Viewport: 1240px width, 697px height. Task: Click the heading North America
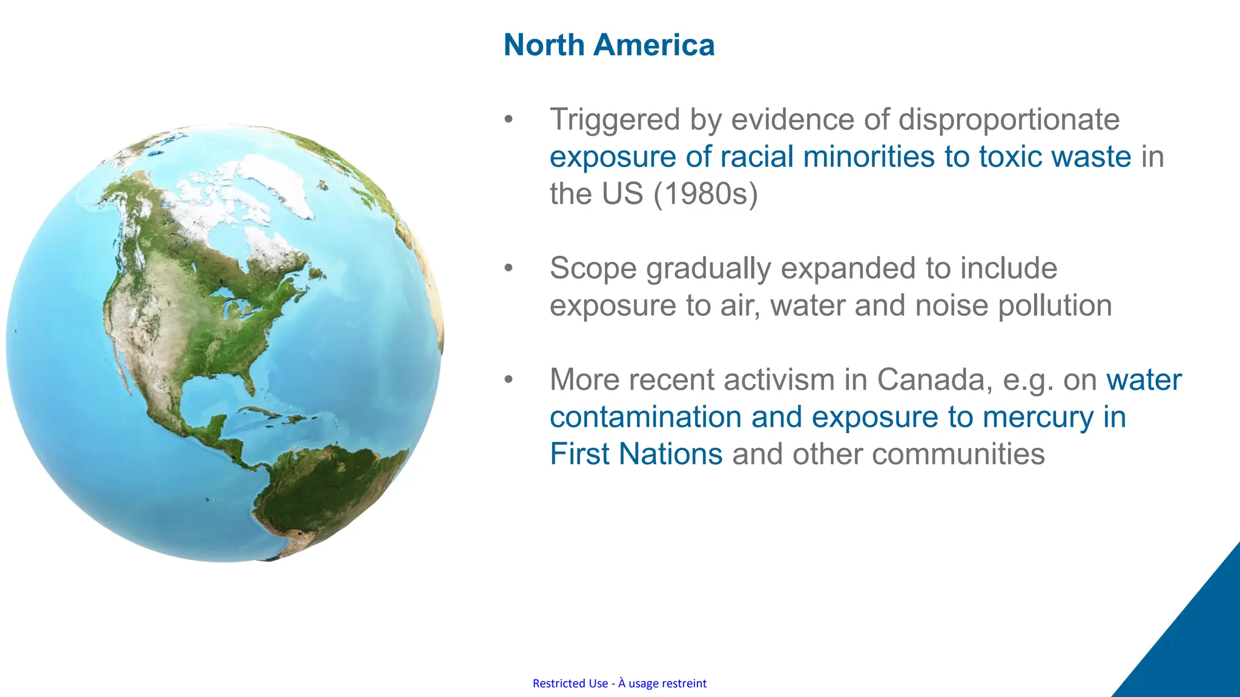click(608, 45)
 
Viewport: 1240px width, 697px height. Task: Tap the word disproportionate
click(1009, 120)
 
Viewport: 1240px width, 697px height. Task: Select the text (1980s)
click(705, 194)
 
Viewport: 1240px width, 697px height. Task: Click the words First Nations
click(636, 454)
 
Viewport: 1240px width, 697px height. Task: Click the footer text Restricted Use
click(570, 684)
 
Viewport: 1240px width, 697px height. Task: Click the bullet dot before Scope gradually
click(509, 267)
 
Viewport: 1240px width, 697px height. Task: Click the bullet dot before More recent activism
click(509, 379)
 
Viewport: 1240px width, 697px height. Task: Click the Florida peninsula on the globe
click(249, 381)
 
